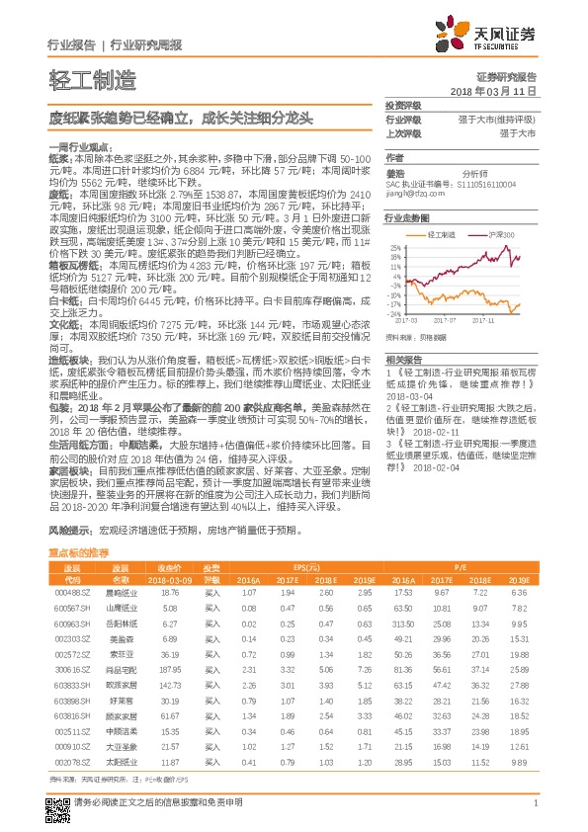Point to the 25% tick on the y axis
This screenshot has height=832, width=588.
coord(395,248)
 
